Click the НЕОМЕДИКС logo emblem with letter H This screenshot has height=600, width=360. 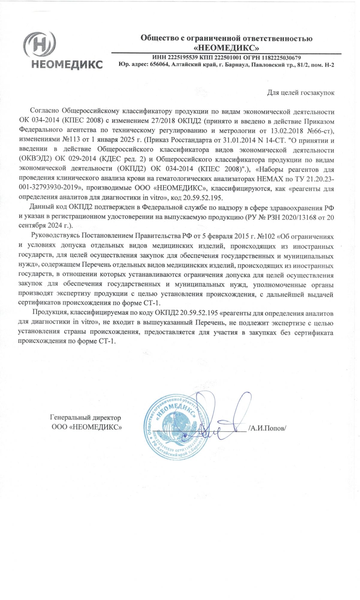tap(40, 45)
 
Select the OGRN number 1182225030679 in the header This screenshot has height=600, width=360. tap(281, 58)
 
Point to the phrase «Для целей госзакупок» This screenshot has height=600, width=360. tap(301, 93)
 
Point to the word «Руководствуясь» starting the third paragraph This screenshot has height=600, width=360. tap(56, 236)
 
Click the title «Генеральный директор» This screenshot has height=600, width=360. tap(85, 418)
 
